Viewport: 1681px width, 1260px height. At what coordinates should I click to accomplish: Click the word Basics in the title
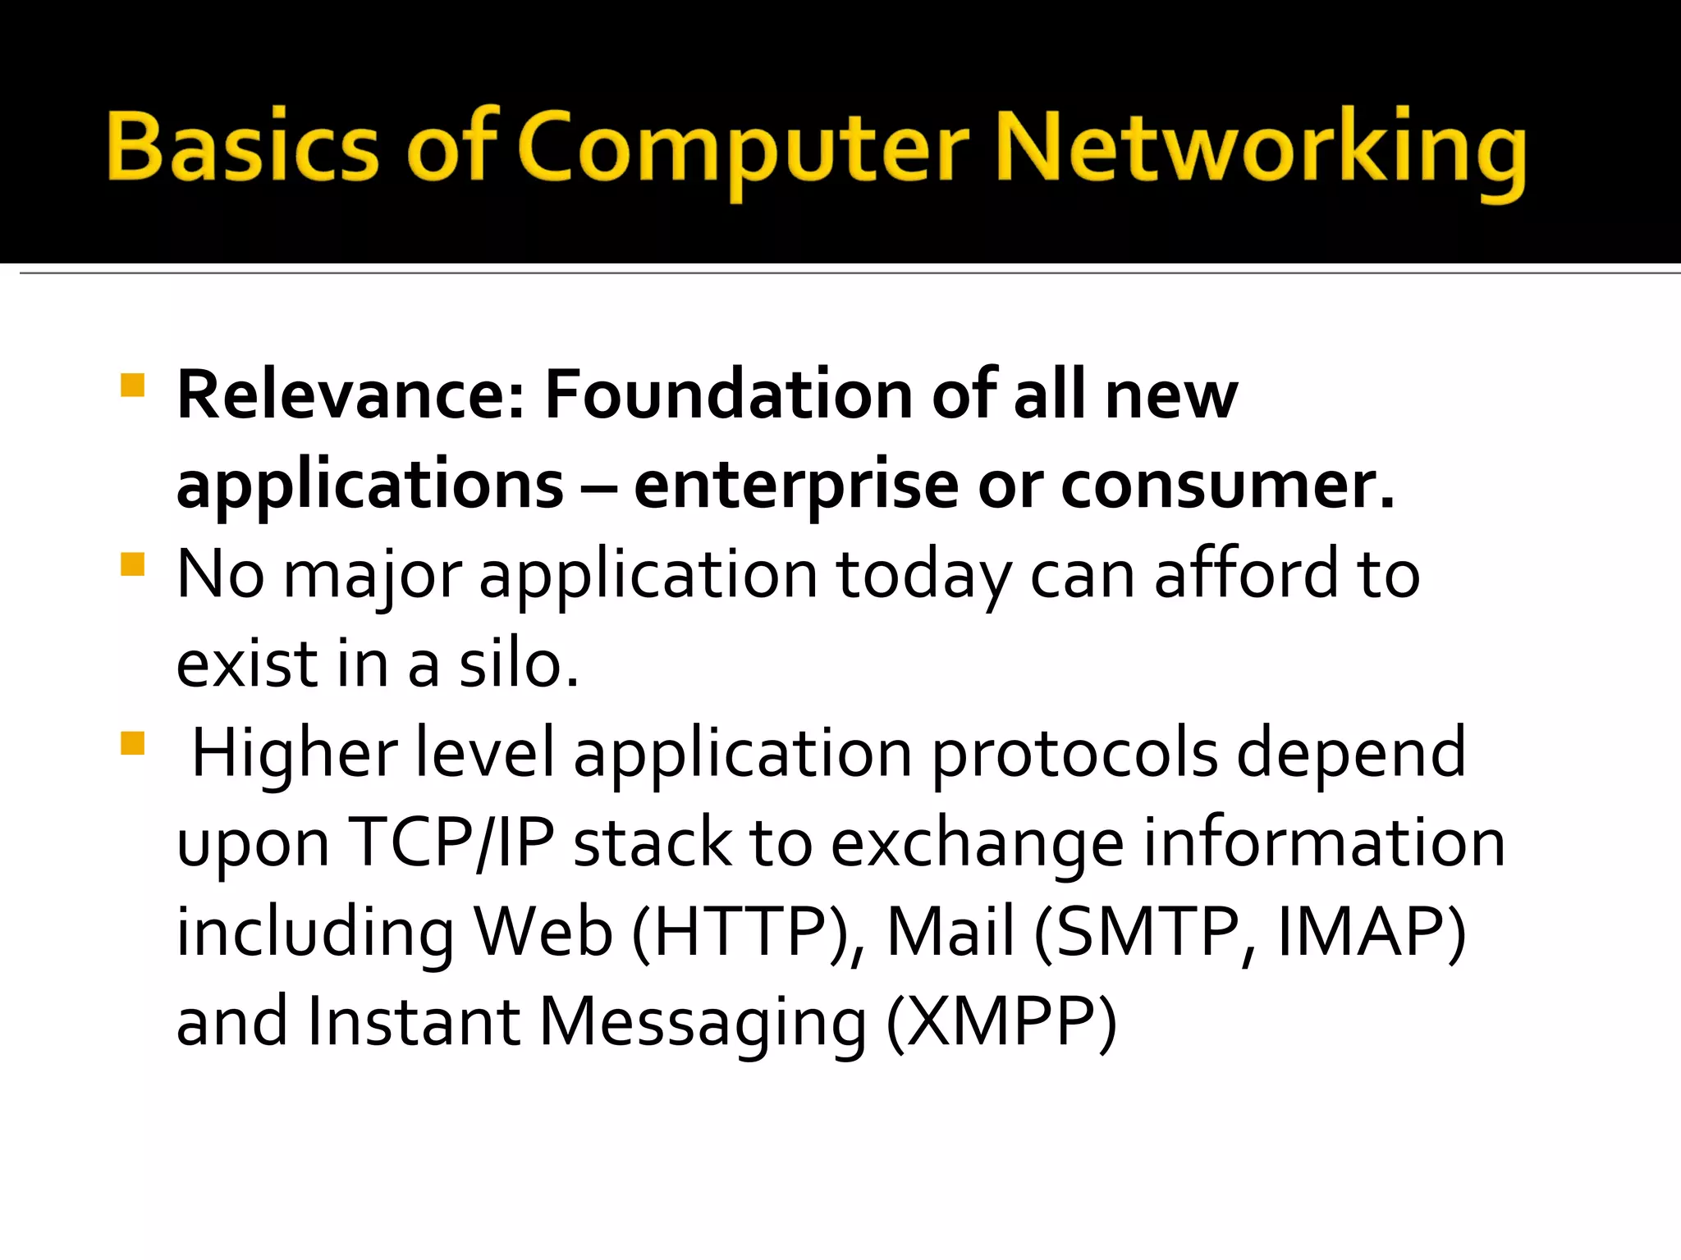[243, 148]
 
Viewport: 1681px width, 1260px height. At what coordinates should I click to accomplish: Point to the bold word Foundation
[728, 395]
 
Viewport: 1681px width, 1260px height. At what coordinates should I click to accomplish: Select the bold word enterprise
[796, 486]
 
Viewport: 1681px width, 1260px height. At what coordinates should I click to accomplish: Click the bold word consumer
[1228, 486]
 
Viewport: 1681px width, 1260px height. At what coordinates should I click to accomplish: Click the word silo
[518, 664]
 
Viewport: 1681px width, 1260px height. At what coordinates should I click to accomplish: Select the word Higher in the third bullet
[295, 753]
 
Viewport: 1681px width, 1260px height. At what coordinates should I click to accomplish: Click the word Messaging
[703, 1023]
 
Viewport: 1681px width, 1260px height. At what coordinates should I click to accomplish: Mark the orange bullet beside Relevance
[132, 386]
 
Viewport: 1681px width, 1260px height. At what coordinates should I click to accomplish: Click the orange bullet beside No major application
[132, 564]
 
